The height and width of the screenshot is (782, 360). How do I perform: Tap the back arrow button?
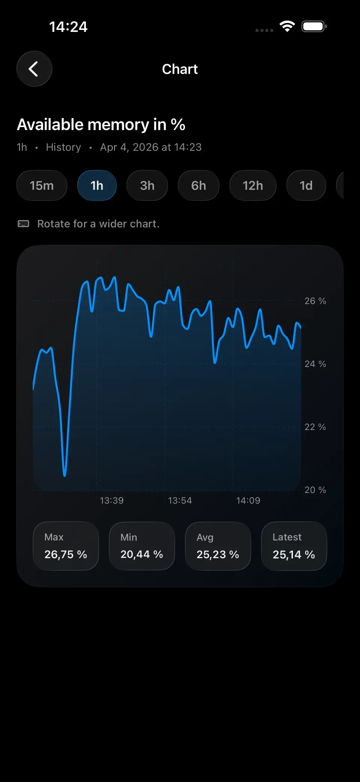pyautogui.click(x=34, y=69)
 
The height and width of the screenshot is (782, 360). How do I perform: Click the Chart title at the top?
pyautogui.click(x=180, y=69)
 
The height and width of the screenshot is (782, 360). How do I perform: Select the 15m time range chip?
pyautogui.click(x=42, y=186)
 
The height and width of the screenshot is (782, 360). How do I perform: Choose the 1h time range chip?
pyautogui.click(x=97, y=186)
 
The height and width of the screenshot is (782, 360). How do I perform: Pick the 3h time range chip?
pyautogui.click(x=147, y=186)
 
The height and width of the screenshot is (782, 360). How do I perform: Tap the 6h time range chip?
pyautogui.click(x=198, y=186)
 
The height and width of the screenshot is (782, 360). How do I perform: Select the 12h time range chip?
pyautogui.click(x=253, y=186)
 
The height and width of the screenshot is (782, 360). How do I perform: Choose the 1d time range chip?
pyautogui.click(x=306, y=186)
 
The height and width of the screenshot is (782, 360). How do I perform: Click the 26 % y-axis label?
pyautogui.click(x=315, y=301)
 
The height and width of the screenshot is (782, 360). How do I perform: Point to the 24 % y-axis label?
pyautogui.click(x=315, y=364)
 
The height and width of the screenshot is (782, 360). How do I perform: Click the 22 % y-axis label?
pyautogui.click(x=315, y=427)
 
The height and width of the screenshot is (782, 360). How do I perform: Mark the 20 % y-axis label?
pyautogui.click(x=315, y=490)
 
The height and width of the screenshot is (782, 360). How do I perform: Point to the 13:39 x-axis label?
pyautogui.click(x=112, y=500)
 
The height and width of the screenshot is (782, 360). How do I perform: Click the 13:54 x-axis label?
pyautogui.click(x=180, y=500)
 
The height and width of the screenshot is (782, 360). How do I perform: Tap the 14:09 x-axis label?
pyautogui.click(x=248, y=500)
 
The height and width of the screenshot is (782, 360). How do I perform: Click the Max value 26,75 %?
pyautogui.click(x=66, y=554)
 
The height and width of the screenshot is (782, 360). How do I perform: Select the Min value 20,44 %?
pyautogui.click(x=142, y=554)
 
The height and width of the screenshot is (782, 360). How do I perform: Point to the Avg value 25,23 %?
pyautogui.click(x=218, y=554)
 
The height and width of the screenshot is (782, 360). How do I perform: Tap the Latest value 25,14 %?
pyautogui.click(x=294, y=554)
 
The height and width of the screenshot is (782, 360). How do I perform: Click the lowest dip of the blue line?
pyautogui.click(x=64, y=475)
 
